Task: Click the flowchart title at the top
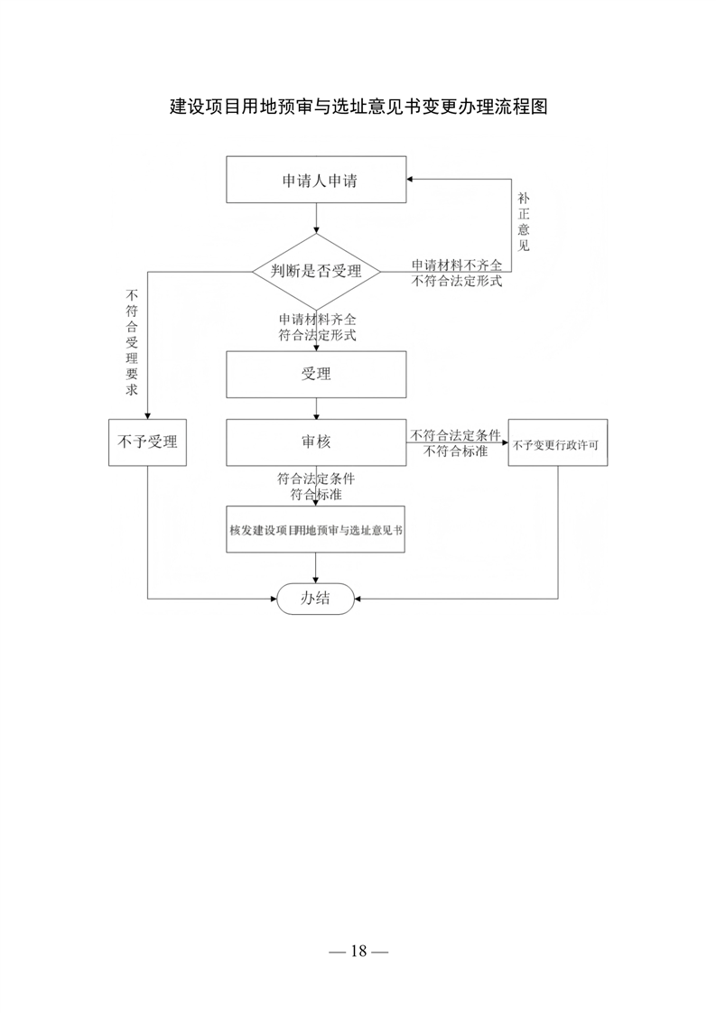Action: (358, 107)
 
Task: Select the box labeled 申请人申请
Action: (316, 180)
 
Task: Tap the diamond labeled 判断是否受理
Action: (316, 272)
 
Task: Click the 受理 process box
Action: (316, 375)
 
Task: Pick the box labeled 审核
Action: (316, 442)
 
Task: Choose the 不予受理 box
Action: (147, 442)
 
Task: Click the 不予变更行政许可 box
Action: (558, 442)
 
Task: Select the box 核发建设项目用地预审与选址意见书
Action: (315, 530)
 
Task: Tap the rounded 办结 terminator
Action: (315, 599)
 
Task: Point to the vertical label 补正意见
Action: (524, 221)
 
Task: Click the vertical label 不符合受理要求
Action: (132, 342)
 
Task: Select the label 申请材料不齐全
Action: (457, 265)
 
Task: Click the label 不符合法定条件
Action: (456, 435)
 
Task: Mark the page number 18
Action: (358, 951)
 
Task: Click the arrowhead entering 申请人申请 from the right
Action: (410, 180)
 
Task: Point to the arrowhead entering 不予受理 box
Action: (147, 415)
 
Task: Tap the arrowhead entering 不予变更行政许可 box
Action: (504, 442)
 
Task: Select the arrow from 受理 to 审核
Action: (316, 408)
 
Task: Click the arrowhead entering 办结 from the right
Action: (358, 599)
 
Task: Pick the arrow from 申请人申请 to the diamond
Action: (316, 218)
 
